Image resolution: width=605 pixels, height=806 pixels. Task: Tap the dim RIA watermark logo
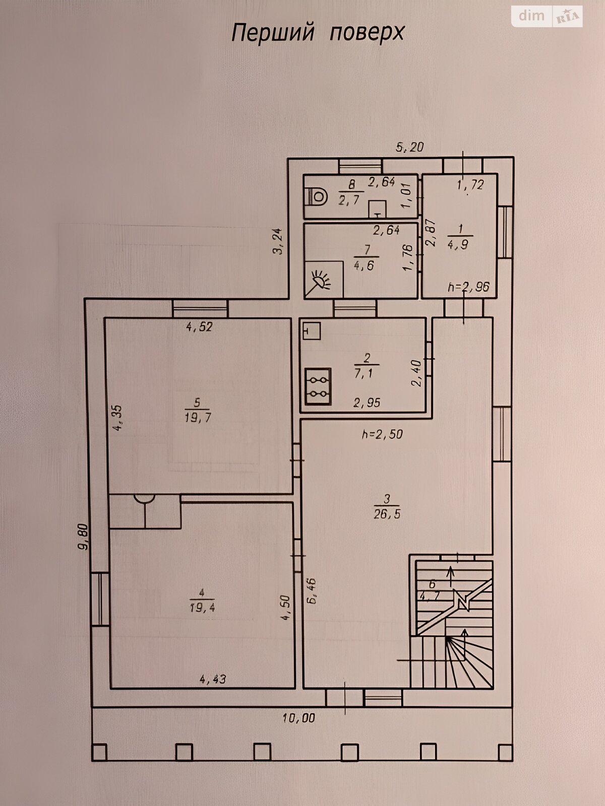coord(547,16)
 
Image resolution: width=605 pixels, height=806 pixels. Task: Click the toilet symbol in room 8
coord(318,197)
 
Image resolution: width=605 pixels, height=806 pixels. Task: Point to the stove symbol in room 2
coord(318,387)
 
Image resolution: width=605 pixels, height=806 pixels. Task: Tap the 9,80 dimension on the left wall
coord(84,536)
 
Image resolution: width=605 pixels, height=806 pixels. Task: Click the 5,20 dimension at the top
coord(409,147)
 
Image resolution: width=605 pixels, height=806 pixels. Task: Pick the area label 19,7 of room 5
coord(198,418)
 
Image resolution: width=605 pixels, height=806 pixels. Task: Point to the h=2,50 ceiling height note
coord(382,434)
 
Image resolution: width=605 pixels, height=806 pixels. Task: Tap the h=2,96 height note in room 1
coord(469,287)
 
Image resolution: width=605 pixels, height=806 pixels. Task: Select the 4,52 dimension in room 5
coord(200,327)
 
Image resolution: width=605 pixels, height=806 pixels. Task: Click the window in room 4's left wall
coord(100,599)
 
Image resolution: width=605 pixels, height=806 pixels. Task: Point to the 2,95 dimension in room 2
coord(367,403)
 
